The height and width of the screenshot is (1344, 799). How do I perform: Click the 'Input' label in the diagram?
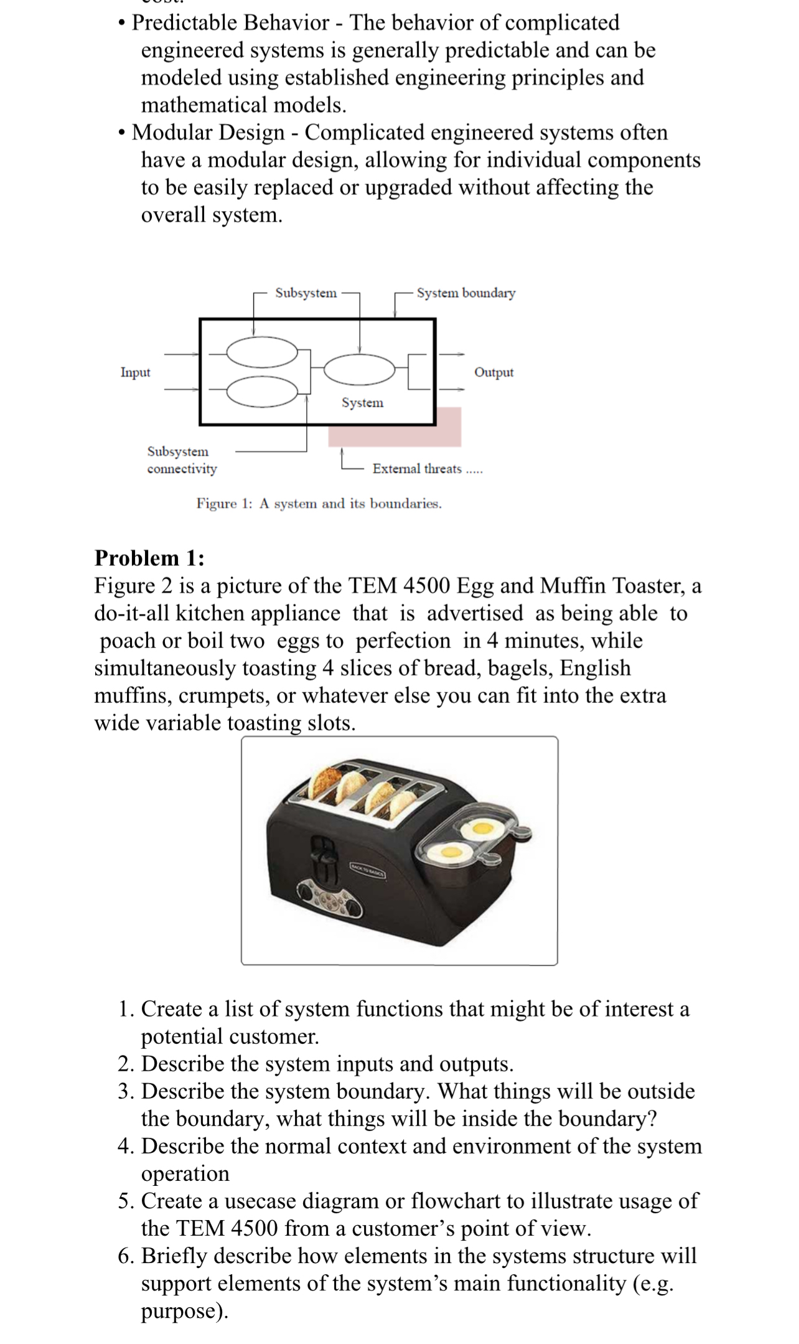click(x=135, y=372)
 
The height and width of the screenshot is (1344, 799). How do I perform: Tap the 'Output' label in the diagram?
click(x=493, y=372)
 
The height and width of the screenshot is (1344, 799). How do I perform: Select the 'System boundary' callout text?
click(x=465, y=293)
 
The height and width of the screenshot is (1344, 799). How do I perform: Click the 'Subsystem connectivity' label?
click(x=181, y=460)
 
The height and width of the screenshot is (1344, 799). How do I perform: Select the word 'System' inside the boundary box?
click(x=362, y=403)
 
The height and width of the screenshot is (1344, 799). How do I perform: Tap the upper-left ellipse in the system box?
click(x=262, y=353)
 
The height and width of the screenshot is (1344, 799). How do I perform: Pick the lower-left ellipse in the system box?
click(x=262, y=391)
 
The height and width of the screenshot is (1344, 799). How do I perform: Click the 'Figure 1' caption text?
click(x=319, y=504)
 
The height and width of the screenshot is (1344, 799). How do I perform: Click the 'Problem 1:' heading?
click(x=149, y=558)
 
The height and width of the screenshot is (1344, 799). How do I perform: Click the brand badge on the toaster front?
click(x=368, y=871)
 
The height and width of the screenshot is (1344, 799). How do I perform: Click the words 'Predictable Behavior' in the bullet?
click(x=230, y=23)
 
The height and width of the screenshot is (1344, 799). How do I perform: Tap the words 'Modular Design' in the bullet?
click(x=208, y=133)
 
